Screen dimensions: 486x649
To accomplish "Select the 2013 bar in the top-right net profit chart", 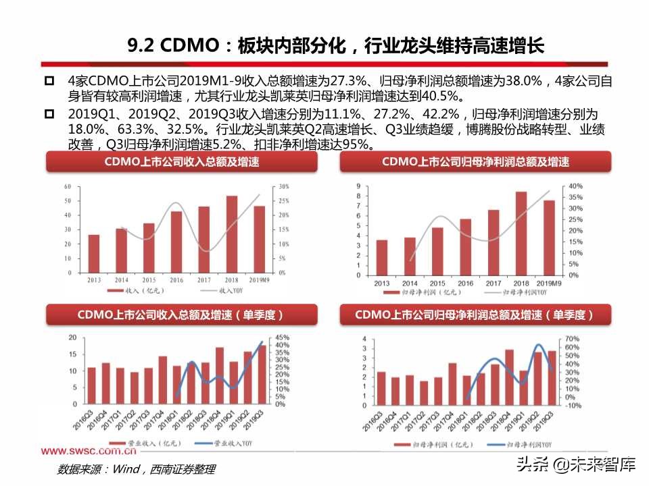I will click(382, 258).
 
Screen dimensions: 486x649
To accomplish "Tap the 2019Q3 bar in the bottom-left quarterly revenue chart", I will click(262, 374).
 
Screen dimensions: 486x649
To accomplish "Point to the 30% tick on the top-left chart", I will click(284, 186).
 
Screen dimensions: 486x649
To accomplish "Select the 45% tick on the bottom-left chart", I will click(283, 337).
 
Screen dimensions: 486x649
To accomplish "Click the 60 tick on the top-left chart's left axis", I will click(68, 186).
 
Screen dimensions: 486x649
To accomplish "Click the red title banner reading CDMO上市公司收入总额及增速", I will click(181, 162).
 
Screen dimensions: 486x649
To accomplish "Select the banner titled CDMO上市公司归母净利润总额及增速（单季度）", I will click(475, 315).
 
